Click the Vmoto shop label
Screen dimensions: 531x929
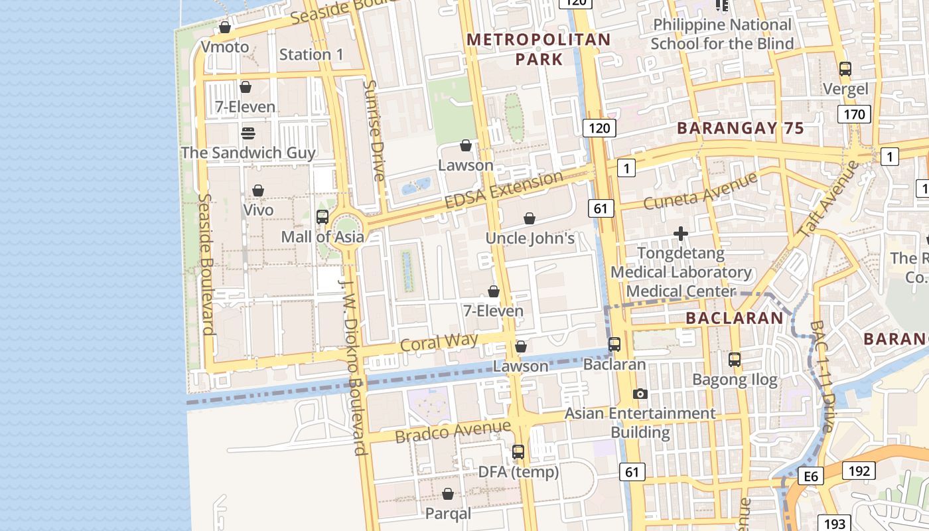pyautogui.click(x=225, y=47)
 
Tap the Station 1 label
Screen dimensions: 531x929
pyautogui.click(x=311, y=54)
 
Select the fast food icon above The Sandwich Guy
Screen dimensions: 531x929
pyautogui.click(x=248, y=133)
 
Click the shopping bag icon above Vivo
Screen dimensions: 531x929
pyautogui.click(x=258, y=191)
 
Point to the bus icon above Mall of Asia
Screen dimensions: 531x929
pyautogui.click(x=322, y=217)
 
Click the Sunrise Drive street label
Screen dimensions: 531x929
pyautogui.click(x=374, y=130)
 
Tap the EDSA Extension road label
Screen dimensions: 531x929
pyautogui.click(x=504, y=190)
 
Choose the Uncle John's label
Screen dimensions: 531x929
pyautogui.click(x=530, y=238)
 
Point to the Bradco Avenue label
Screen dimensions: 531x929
pyautogui.click(x=453, y=431)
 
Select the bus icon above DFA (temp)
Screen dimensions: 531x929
pyautogui.click(x=518, y=452)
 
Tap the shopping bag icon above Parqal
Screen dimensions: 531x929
pyautogui.click(x=448, y=494)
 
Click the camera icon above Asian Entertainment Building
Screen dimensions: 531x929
pyautogui.click(x=640, y=394)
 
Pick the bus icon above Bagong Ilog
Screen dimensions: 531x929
pyautogui.click(x=735, y=360)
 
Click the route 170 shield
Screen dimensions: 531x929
pyautogui.click(x=854, y=114)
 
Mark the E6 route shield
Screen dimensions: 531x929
pyautogui.click(x=811, y=476)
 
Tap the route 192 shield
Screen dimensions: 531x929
pyautogui.click(x=859, y=471)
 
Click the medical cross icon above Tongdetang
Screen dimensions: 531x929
pyautogui.click(x=681, y=234)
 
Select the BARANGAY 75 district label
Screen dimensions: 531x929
pyautogui.click(x=740, y=129)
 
